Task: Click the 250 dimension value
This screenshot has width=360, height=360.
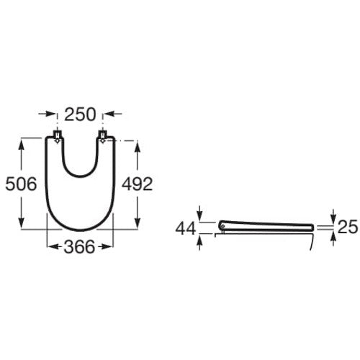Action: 80,114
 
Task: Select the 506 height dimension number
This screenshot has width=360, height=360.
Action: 21,184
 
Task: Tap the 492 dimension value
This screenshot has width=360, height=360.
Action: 137,184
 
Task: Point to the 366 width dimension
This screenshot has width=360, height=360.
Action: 79,247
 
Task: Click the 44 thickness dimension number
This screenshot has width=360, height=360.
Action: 186,229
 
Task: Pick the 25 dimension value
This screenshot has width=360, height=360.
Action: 348,227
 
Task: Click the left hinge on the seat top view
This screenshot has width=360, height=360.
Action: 57,137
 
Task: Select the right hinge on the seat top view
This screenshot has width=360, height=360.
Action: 103,137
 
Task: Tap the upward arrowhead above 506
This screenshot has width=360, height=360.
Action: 22,145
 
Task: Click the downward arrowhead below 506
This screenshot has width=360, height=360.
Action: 22,222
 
